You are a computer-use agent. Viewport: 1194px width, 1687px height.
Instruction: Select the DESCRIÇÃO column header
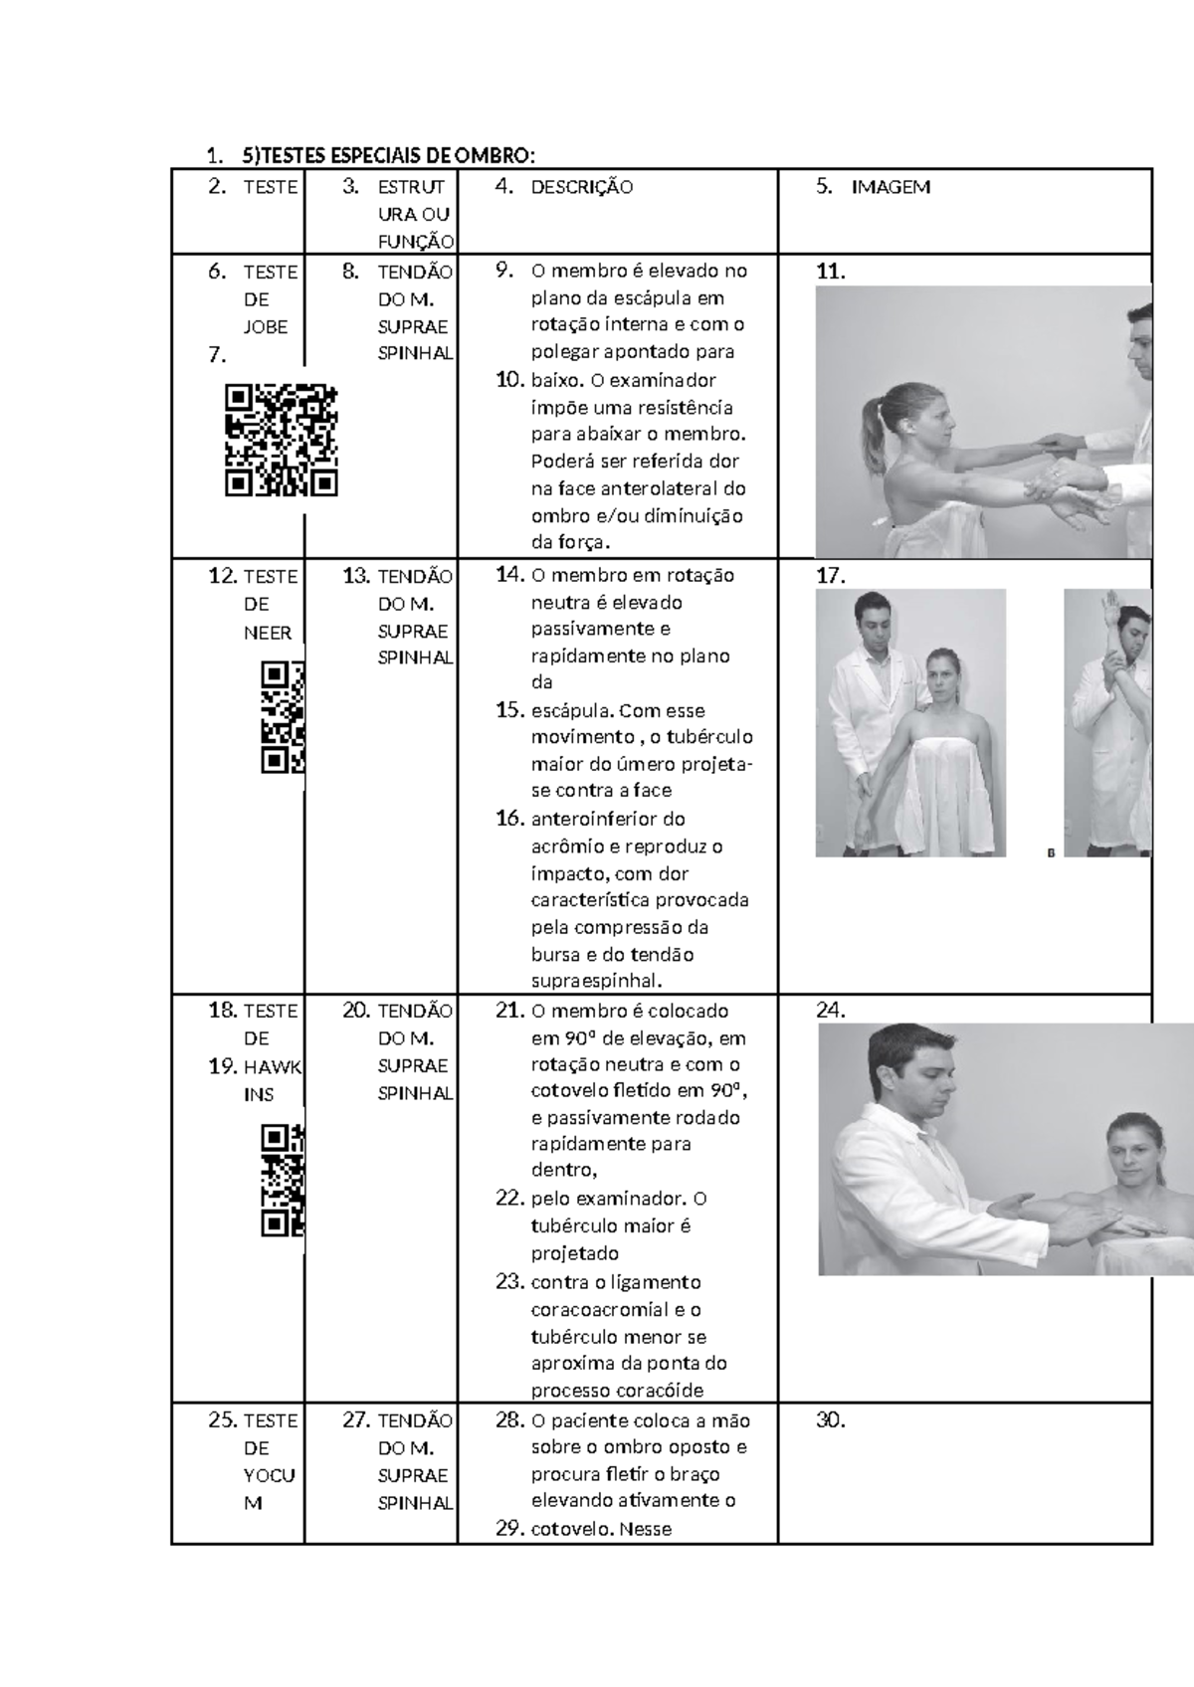point(581,188)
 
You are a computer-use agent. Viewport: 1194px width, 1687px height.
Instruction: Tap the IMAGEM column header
point(892,188)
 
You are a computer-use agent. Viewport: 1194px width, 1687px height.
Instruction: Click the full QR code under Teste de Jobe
point(281,440)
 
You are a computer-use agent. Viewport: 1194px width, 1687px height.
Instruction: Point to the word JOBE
point(265,327)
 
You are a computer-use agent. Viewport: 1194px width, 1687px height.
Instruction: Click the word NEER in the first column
point(268,633)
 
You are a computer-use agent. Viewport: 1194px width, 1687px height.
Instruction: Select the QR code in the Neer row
point(283,717)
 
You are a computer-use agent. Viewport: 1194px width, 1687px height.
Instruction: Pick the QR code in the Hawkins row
point(283,1180)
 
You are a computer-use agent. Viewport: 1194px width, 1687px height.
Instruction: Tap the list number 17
point(830,577)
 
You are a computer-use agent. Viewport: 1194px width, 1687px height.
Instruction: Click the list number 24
point(830,1011)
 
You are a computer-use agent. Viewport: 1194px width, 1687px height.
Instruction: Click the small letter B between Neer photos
point(1051,852)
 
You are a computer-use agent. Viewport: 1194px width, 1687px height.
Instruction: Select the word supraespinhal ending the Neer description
point(597,982)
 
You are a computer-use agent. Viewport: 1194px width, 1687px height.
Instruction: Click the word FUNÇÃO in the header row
point(416,242)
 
